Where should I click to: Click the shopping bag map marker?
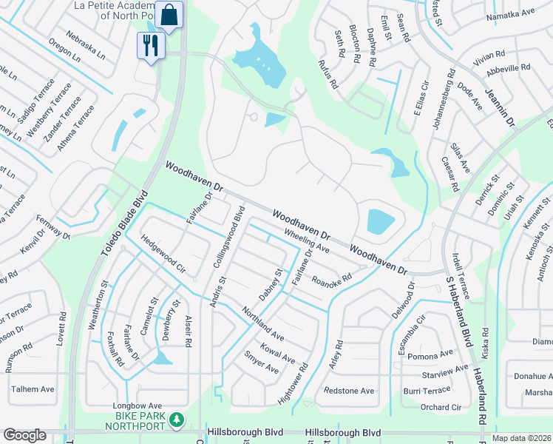[x=169, y=16]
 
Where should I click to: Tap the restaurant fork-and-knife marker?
[x=151, y=47]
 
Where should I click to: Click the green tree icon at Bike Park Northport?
[x=176, y=420]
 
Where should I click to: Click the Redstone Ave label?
[x=349, y=390]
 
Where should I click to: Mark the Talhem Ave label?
[x=33, y=389]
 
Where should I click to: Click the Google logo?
[x=24, y=435]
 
